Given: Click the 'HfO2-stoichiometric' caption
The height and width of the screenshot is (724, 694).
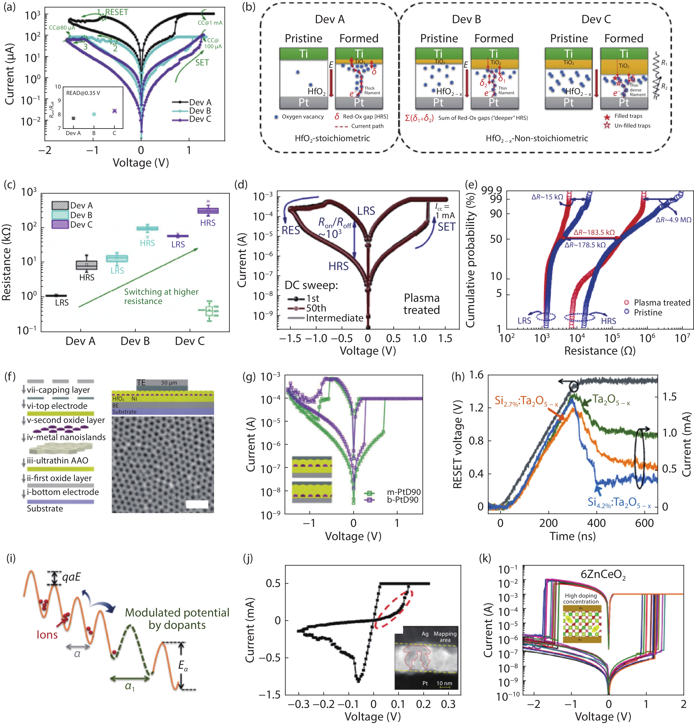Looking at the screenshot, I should point(332,139).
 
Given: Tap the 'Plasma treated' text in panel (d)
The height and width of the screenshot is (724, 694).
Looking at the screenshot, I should point(421,304).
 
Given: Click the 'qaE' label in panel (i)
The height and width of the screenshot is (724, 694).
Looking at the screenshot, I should point(71,577).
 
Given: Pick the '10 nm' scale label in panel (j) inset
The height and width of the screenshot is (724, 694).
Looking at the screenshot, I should point(444,683).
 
